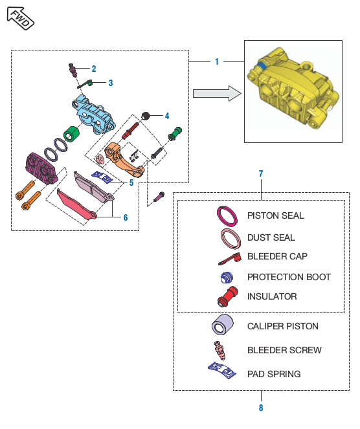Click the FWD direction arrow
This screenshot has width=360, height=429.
click(20, 18)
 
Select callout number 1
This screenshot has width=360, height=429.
click(217, 61)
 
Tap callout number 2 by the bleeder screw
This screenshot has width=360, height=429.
click(94, 69)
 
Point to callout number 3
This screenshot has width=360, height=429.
click(111, 83)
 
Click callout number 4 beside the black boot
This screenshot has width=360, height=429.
click(167, 116)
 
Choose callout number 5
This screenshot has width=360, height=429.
click(131, 182)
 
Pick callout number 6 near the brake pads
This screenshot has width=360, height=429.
click(126, 217)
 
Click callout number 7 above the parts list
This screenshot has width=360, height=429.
click(261, 173)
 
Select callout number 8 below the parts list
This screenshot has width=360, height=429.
click(261, 408)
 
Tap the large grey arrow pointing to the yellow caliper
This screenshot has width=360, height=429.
click(217, 94)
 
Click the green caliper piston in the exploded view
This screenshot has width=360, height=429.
click(71, 134)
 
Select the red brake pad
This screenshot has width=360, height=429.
click(76, 204)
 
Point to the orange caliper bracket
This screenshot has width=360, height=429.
click(124, 159)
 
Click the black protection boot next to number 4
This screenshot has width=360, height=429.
click(146, 116)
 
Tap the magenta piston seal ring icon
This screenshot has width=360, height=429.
click(227, 216)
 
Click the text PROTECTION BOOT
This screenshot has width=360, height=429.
click(289, 277)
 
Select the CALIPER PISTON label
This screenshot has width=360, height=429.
click(283, 326)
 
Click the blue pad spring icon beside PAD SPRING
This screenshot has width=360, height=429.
click(221, 370)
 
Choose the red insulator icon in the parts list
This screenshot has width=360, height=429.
click(228, 296)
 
